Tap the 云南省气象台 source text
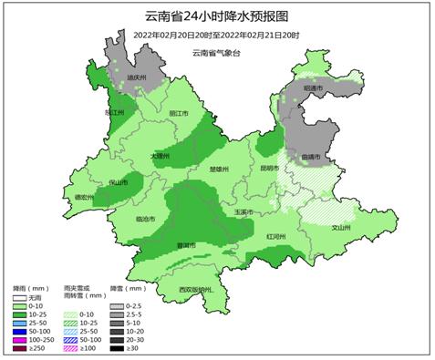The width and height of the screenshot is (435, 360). point(222,52)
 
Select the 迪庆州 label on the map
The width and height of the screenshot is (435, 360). point(137,78)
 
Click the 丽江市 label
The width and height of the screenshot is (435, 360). point(180,113)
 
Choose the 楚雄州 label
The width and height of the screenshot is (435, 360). point(219,169)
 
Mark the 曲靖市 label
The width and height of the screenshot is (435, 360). point(310,157)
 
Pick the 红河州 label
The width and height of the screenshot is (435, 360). point(275,236)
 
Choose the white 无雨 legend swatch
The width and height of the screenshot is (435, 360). point(20,298)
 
